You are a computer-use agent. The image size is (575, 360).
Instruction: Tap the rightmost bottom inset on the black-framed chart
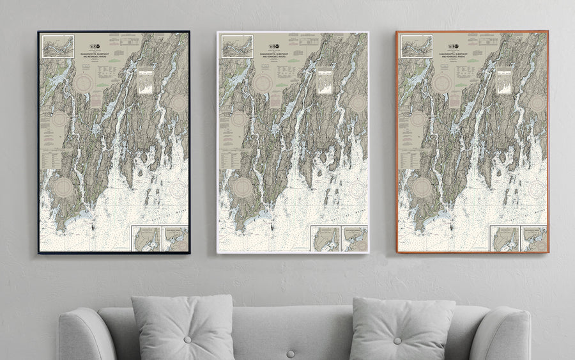point(175,239)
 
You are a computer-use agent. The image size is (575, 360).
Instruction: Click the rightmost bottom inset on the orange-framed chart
point(533,239)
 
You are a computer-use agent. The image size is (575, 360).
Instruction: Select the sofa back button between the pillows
point(291,353)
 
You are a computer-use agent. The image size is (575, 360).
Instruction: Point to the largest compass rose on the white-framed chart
point(243,187)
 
